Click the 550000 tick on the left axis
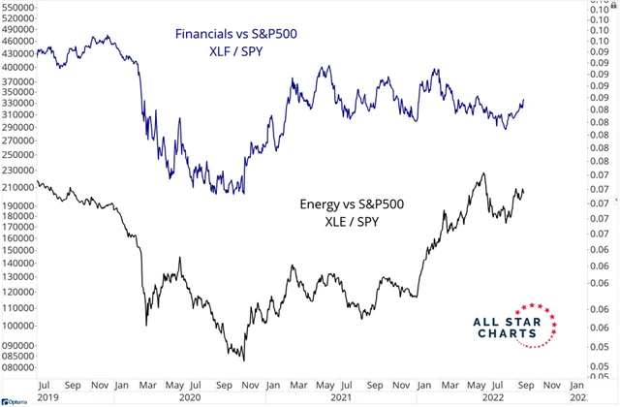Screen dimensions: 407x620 pos(19,7)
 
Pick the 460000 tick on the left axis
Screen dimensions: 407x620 pos(19,43)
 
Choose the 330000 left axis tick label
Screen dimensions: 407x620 pos(19,100)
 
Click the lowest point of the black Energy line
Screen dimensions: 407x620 pos(243,360)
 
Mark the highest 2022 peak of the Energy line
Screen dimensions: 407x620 pos(481,174)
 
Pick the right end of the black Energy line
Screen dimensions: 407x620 pos(524,190)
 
